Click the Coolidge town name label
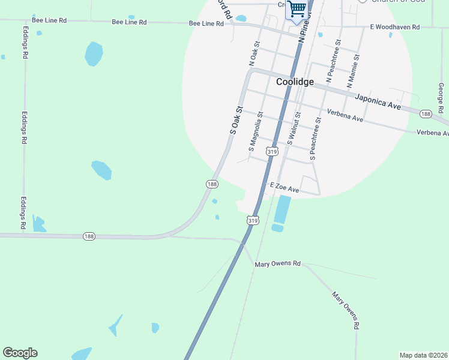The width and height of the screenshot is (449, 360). click(x=295, y=82)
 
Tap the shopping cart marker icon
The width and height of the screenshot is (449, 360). click(x=297, y=10)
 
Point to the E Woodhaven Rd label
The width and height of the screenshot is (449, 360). click(x=394, y=27)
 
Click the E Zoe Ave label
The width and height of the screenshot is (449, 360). click(x=285, y=188)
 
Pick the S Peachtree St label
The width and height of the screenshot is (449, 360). click(x=315, y=138)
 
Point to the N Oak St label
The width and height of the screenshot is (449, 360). click(x=254, y=53)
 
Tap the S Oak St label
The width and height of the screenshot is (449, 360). click(x=236, y=120)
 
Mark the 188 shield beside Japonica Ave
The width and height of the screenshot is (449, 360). click(x=426, y=114)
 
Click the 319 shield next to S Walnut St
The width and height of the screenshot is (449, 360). click(x=273, y=152)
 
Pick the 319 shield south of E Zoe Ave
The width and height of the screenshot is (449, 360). click(x=253, y=221)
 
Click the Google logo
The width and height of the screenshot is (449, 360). click(x=20, y=353)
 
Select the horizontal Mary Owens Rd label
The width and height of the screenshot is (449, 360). click(x=277, y=263)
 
